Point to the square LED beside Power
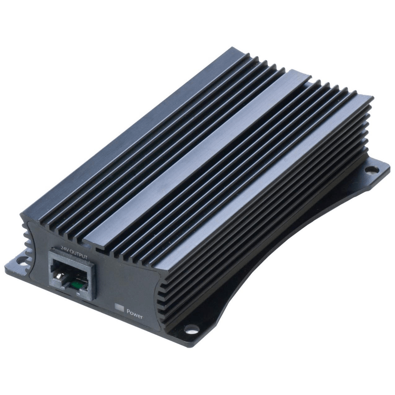(x=120, y=307)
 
